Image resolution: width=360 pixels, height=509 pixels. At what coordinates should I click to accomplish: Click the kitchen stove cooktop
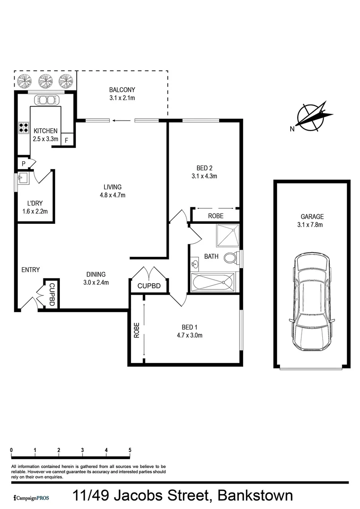[23, 128]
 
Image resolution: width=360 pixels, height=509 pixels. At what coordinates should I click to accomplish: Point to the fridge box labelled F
[66, 140]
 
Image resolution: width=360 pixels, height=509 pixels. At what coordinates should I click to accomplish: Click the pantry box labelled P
[23, 163]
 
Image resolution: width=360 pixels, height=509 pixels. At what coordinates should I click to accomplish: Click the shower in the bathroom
[228, 235]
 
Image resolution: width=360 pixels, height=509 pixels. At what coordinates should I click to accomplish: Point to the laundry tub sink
[23, 179]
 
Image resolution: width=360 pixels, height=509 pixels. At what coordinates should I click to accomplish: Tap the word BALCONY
[122, 90]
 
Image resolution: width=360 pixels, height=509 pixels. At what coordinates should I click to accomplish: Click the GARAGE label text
[312, 217]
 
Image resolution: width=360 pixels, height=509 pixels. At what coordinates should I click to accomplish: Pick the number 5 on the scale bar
[130, 450]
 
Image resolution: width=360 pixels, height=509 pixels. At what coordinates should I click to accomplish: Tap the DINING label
[96, 274]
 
